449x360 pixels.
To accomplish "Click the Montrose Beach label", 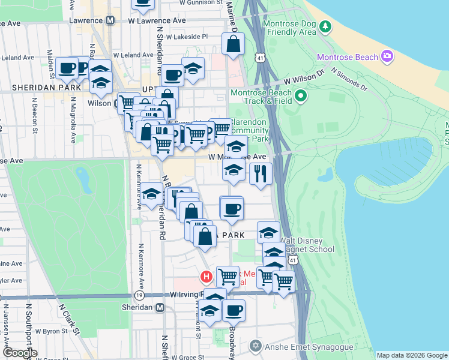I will (347, 57).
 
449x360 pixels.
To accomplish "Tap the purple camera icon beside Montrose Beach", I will (387, 56).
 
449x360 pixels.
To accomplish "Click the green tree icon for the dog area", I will (325, 26).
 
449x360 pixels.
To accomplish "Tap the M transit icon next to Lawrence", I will (110, 20).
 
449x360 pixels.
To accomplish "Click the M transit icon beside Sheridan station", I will (160, 307).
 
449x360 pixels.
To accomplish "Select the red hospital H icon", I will (206, 277).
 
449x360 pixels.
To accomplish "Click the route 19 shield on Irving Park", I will (139, 296).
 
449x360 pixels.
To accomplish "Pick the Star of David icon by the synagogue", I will (256, 346).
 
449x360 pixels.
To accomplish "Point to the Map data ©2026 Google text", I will (412, 355).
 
